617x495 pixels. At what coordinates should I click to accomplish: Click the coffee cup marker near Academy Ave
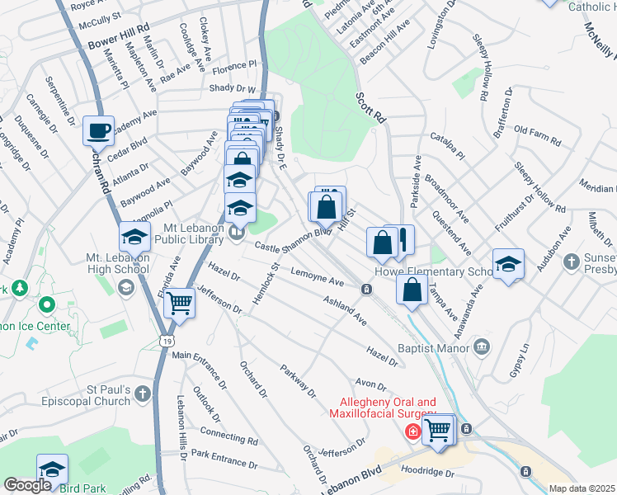[x=98, y=130]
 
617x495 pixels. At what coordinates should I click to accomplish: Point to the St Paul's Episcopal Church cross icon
[x=144, y=393]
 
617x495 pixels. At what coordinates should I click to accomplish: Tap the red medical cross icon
[x=411, y=431]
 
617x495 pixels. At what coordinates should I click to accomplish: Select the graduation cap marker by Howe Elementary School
[x=508, y=265]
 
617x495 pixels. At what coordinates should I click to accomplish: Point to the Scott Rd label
[x=371, y=108]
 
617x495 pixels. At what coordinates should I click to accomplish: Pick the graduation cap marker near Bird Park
[x=52, y=469]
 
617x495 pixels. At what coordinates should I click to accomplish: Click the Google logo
[x=27, y=485]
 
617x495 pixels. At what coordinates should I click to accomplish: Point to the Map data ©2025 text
[x=582, y=488]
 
